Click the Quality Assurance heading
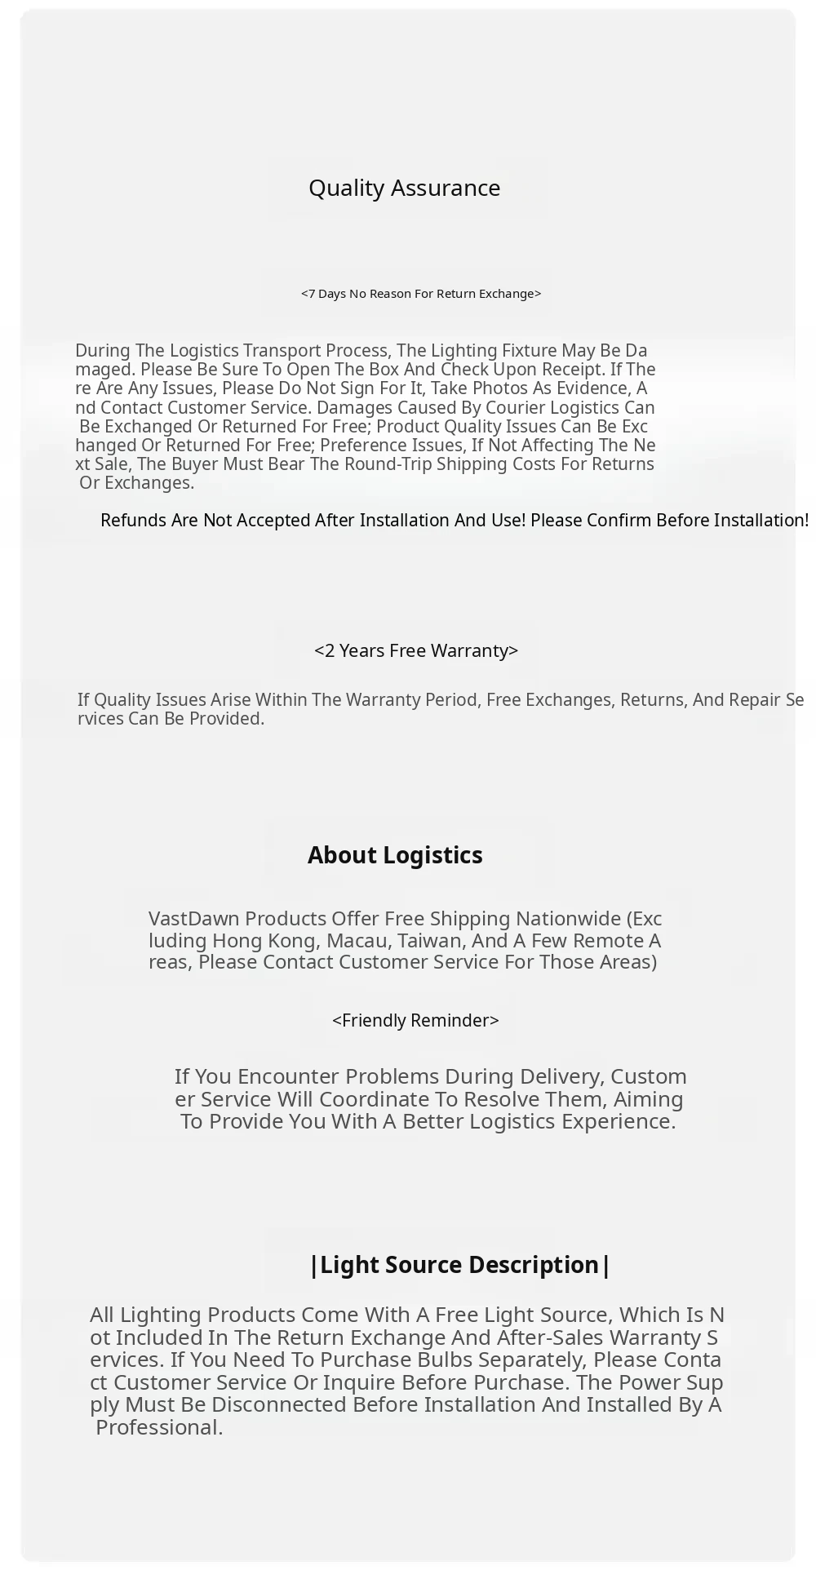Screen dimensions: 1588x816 pos(404,188)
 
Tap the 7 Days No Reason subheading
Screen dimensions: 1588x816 pos(421,294)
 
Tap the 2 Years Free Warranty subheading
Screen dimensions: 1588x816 pos(416,650)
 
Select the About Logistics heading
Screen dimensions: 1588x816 pos(395,855)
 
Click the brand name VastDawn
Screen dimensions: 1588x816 pos(193,919)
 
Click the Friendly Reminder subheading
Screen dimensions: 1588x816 pos(415,1021)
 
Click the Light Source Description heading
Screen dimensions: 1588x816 pos(460,1265)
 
